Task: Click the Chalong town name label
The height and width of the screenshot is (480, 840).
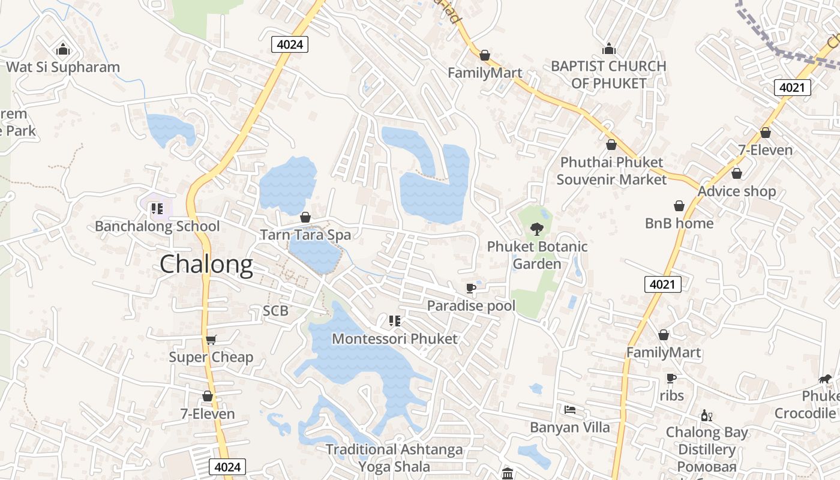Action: [x=206, y=265]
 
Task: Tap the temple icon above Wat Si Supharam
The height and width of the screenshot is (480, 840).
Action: [x=63, y=49]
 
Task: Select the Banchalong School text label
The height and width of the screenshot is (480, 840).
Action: [x=157, y=226]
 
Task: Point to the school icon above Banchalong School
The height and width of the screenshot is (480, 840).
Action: [x=157, y=209]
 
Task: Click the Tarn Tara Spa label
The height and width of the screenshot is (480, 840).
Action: [x=305, y=235]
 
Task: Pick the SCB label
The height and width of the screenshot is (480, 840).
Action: [x=275, y=311]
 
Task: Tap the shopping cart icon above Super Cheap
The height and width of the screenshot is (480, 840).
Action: [x=211, y=340]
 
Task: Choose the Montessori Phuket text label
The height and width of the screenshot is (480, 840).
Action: [x=395, y=338]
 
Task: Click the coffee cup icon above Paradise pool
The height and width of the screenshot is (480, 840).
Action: [x=471, y=289]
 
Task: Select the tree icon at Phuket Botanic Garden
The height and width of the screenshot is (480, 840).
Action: [x=537, y=229]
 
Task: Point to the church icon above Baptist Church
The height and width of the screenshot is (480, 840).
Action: [x=609, y=49]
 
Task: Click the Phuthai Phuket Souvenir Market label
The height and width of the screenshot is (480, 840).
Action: [x=611, y=170]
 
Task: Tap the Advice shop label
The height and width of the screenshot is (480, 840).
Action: [x=737, y=191]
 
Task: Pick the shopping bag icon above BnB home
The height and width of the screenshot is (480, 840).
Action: [x=679, y=206]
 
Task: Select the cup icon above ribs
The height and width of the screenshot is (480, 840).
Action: [x=671, y=378]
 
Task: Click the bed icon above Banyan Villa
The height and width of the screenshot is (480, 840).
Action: [x=570, y=410]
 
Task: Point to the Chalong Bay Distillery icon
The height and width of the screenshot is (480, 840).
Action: [x=707, y=415]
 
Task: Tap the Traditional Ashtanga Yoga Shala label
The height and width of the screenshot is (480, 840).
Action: [x=394, y=458]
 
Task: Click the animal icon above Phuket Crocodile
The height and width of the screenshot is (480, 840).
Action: [x=826, y=379]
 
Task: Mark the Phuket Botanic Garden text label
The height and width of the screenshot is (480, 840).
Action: [x=537, y=255]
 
